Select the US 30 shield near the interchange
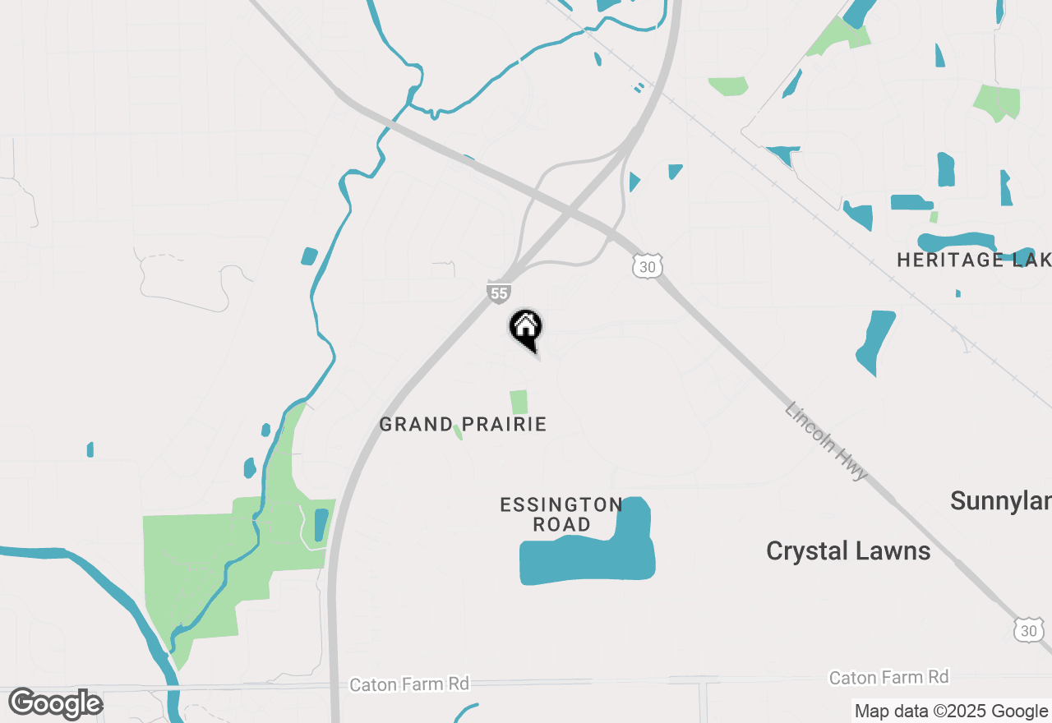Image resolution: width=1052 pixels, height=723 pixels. tap(647, 265)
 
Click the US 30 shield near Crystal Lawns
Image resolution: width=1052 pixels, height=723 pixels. tap(1029, 630)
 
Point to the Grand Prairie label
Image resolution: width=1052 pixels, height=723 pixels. tap(463, 425)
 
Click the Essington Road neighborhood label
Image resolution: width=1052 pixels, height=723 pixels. tap(561, 514)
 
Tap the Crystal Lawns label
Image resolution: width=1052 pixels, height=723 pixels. tap(848, 551)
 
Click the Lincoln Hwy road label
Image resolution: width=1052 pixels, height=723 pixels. tap(826, 441)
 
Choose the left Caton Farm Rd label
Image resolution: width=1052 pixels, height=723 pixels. tap(409, 684)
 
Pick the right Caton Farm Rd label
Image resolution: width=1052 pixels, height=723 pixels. tap(888, 678)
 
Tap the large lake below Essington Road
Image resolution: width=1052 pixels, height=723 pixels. tap(588, 559)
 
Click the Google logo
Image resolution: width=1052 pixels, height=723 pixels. tap(55, 704)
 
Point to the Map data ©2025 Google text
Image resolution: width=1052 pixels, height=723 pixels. tap(951, 711)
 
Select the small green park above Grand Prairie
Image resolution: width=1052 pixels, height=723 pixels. tap(519, 403)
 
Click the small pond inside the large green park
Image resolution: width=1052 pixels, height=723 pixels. tap(321, 525)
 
